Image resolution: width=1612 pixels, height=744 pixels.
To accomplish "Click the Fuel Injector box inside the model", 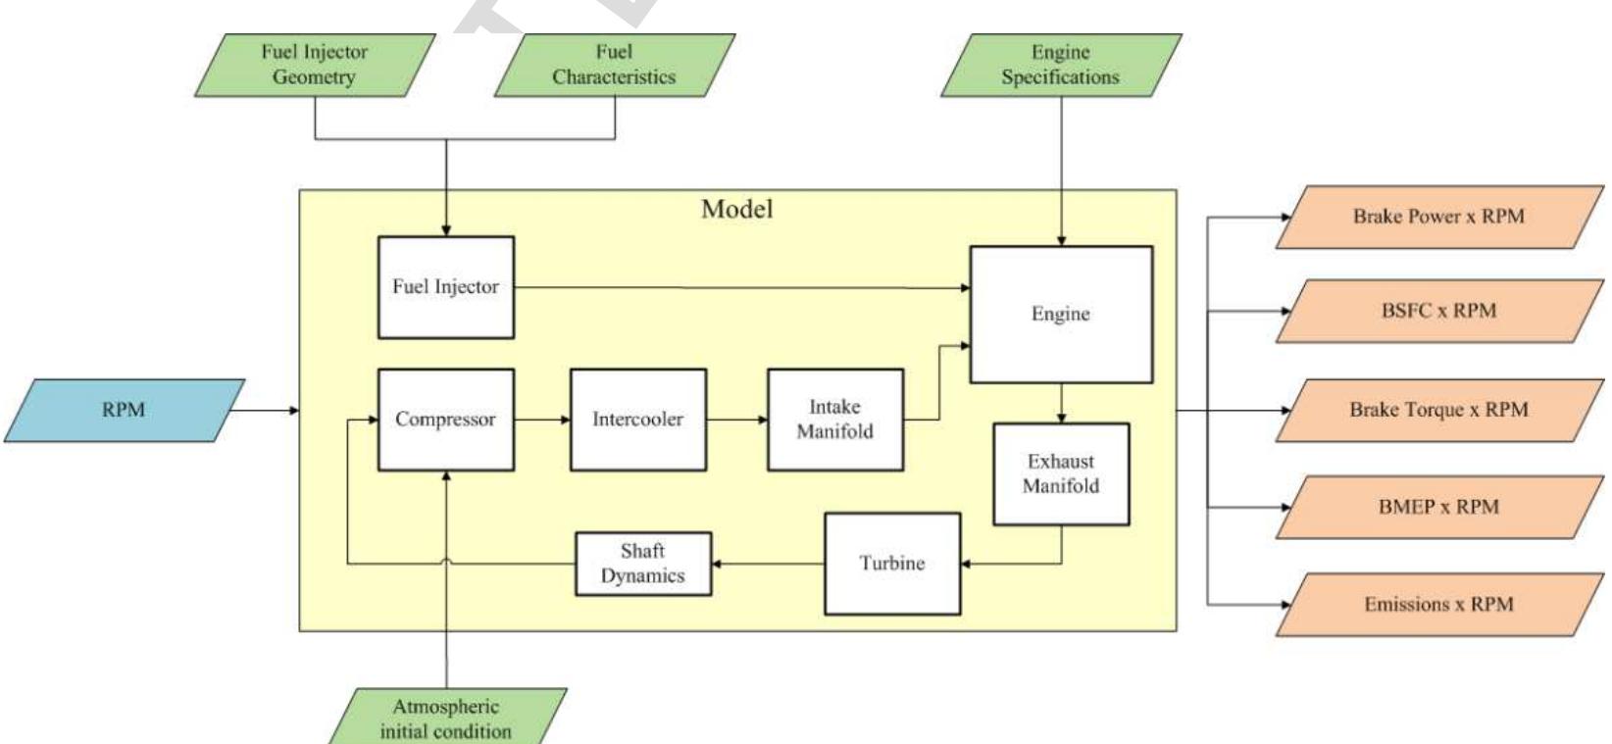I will [x=446, y=287].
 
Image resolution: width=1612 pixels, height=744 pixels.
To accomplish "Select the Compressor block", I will [x=446, y=420].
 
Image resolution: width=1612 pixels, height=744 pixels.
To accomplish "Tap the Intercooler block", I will [x=638, y=420].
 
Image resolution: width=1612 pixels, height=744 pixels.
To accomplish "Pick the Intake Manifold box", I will [x=834, y=420].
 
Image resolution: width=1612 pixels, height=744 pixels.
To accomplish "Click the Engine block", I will [x=1061, y=314].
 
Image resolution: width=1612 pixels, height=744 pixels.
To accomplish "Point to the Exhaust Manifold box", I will [x=1061, y=473].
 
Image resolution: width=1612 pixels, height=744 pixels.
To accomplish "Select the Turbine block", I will [x=892, y=564].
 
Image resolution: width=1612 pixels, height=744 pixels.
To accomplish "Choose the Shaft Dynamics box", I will [x=643, y=564].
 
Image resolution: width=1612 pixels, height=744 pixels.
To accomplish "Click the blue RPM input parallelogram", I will [x=124, y=410].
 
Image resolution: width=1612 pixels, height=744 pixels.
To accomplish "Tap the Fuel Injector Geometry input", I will [x=315, y=65].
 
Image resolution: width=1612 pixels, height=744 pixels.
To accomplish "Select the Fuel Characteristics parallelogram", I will [x=615, y=65].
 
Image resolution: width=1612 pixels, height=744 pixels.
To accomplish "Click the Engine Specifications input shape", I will [x=1061, y=65].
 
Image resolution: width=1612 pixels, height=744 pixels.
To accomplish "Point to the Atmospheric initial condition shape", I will [x=447, y=718].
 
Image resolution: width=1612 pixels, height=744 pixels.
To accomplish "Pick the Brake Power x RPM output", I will [x=1439, y=217].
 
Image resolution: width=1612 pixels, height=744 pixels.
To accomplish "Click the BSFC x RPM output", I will [x=1439, y=311].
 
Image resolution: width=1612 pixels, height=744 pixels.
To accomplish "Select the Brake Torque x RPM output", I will [x=1439, y=410].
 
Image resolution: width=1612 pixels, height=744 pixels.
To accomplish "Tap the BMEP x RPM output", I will [x=1439, y=507].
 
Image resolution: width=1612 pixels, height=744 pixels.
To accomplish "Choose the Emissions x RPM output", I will [x=1439, y=604].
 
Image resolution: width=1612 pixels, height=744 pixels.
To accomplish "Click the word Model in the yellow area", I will [x=737, y=209].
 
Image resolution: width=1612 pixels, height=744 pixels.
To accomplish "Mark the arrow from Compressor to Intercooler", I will [x=542, y=420].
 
